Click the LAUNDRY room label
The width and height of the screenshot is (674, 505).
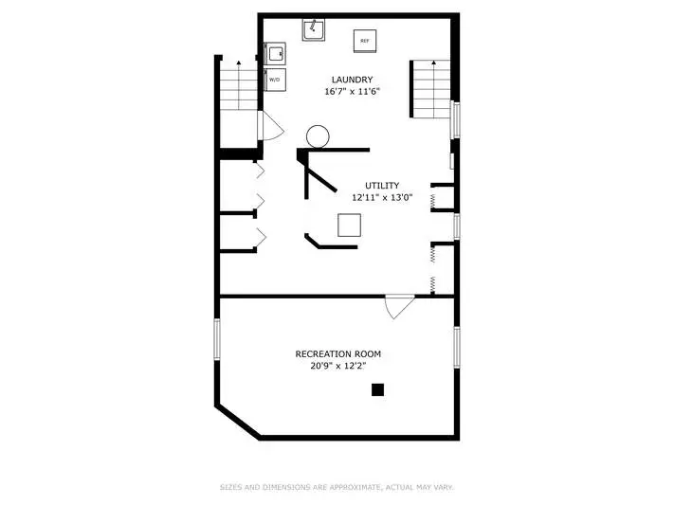coord(352,80)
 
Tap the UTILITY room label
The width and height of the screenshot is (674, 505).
coord(382,186)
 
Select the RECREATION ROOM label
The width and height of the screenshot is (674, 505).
coord(337,353)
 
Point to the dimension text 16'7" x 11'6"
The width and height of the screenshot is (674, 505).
coord(353,91)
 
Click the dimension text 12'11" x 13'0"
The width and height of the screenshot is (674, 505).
coord(382,197)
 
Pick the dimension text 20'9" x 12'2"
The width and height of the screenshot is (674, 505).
coord(337,366)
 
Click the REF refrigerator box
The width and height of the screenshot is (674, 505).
coord(365,41)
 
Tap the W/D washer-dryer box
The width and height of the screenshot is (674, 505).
coord(274,80)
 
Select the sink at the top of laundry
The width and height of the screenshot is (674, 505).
coord(314,29)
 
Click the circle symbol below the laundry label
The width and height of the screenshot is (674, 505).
coord(318,136)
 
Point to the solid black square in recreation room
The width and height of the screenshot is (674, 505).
coord(377,389)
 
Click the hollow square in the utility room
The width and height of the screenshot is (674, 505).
coord(349,225)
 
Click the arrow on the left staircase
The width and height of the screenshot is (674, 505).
coord(239,84)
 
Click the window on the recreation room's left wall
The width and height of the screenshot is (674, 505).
coord(217,339)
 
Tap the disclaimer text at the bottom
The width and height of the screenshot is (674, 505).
coord(337,487)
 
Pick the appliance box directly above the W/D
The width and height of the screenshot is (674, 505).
coord(274,54)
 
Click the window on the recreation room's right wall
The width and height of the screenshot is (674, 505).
coord(457,347)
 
